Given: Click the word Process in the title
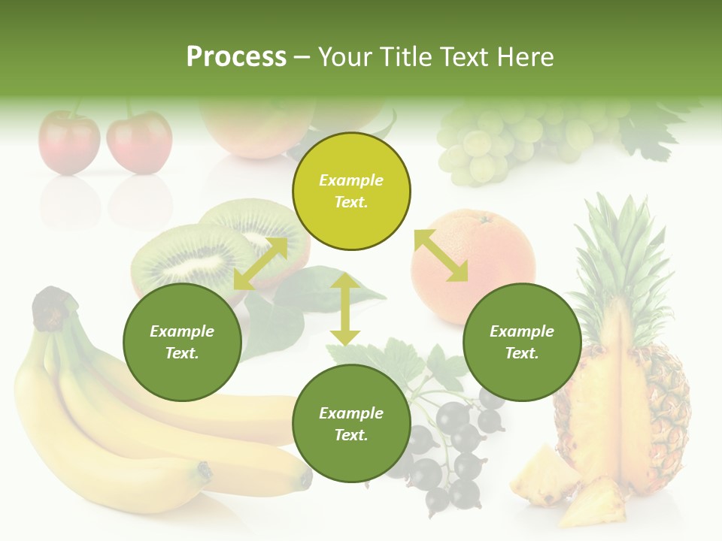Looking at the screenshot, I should (x=236, y=57).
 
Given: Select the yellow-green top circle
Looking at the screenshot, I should (x=351, y=192).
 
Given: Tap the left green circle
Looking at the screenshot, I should (x=182, y=342).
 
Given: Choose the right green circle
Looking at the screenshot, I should (x=522, y=342).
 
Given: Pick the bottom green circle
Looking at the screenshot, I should (x=351, y=424).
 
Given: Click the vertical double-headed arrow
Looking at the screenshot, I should (x=345, y=309).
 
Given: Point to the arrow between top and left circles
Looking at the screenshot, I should (x=260, y=263).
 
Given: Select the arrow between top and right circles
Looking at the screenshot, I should (x=441, y=255).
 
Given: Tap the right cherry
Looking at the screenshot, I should (x=139, y=141).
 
